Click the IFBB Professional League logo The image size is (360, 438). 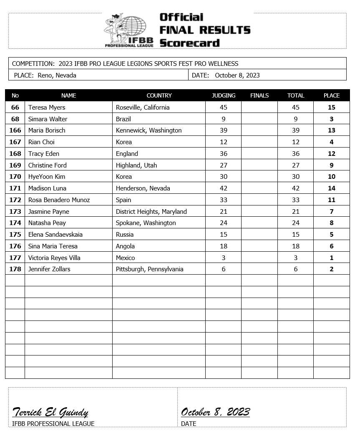(x=128, y=30)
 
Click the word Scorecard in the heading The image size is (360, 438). (x=189, y=43)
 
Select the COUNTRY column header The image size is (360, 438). (x=159, y=95)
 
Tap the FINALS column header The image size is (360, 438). (x=259, y=95)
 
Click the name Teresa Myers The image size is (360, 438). (x=47, y=108)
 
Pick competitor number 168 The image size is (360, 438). (x=15, y=154)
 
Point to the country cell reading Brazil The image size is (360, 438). (x=123, y=119)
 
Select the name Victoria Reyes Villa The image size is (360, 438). (x=54, y=258)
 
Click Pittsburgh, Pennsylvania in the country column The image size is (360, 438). (x=149, y=269)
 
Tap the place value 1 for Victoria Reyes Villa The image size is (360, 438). (x=332, y=258)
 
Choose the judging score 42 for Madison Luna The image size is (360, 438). (x=223, y=188)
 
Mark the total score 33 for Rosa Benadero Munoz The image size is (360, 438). (x=295, y=200)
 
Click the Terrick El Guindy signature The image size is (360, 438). (x=50, y=413)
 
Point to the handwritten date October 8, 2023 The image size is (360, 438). (x=215, y=413)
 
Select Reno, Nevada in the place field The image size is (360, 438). (x=57, y=75)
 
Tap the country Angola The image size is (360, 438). (x=125, y=246)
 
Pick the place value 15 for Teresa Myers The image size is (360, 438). (x=332, y=108)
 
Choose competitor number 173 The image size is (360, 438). (x=15, y=212)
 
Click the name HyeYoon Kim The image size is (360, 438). (x=47, y=177)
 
